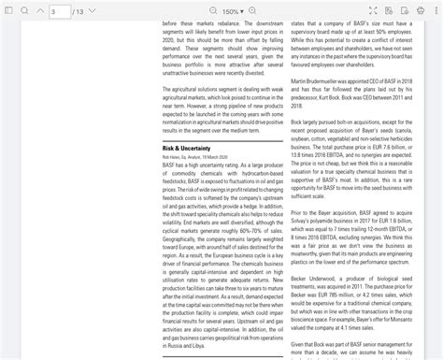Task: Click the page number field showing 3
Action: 59,11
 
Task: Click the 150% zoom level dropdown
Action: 234,11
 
